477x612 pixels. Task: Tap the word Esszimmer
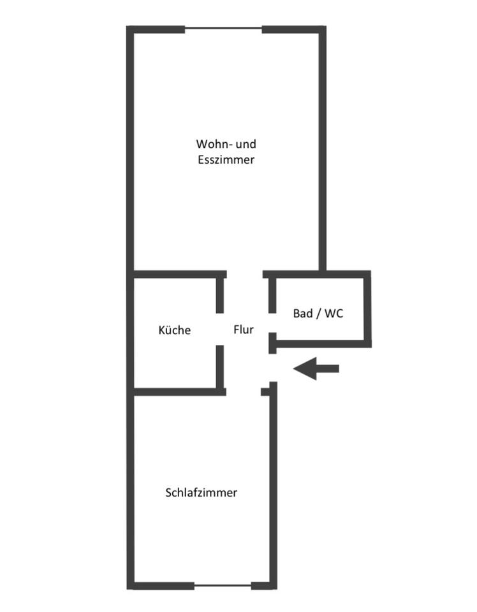226,159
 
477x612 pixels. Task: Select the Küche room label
174,330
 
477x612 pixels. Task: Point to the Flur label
244,330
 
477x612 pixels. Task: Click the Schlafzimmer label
201,492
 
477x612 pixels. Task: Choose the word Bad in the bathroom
303,314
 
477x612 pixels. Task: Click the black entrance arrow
316,368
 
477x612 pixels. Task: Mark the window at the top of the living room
223,29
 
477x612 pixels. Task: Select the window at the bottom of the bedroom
223,585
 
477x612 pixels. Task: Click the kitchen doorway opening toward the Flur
220,329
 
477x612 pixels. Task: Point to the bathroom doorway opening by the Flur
272,323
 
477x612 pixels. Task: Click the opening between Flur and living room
245,275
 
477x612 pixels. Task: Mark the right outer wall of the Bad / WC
367,309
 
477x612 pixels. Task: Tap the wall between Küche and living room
179,275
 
